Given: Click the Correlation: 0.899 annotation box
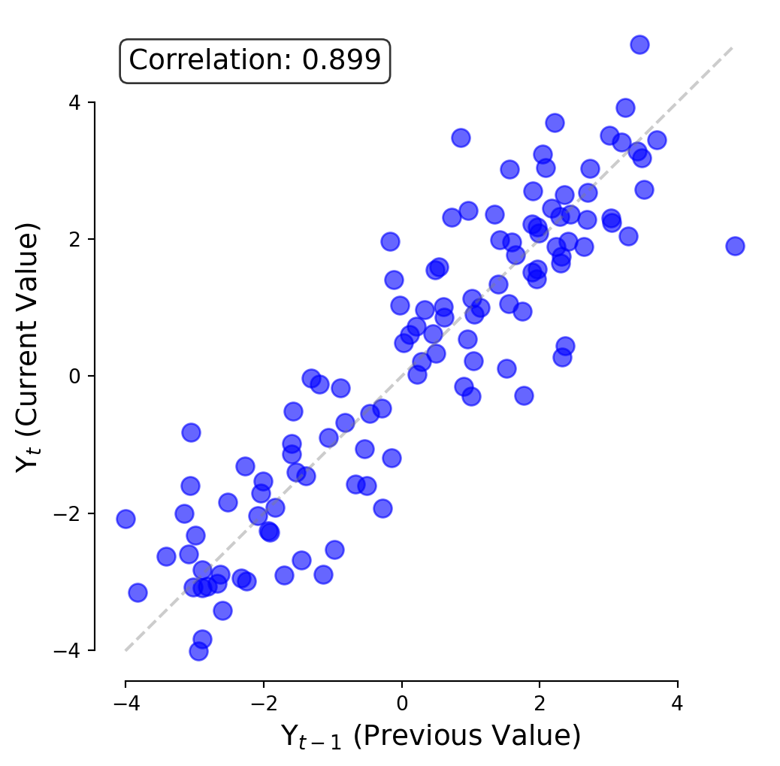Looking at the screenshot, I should [x=255, y=60].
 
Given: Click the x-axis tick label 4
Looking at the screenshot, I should [x=678, y=704].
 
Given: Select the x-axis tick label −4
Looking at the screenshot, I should [x=125, y=704].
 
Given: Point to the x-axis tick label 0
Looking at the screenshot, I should [x=401, y=704].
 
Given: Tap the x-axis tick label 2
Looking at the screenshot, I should [x=540, y=704].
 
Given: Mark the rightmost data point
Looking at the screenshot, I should [x=735, y=246].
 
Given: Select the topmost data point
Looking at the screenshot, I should [x=639, y=44].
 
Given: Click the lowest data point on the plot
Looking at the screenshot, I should [x=198, y=651].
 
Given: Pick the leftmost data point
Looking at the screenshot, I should [x=125, y=519].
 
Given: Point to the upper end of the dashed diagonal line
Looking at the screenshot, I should [x=732, y=47].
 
